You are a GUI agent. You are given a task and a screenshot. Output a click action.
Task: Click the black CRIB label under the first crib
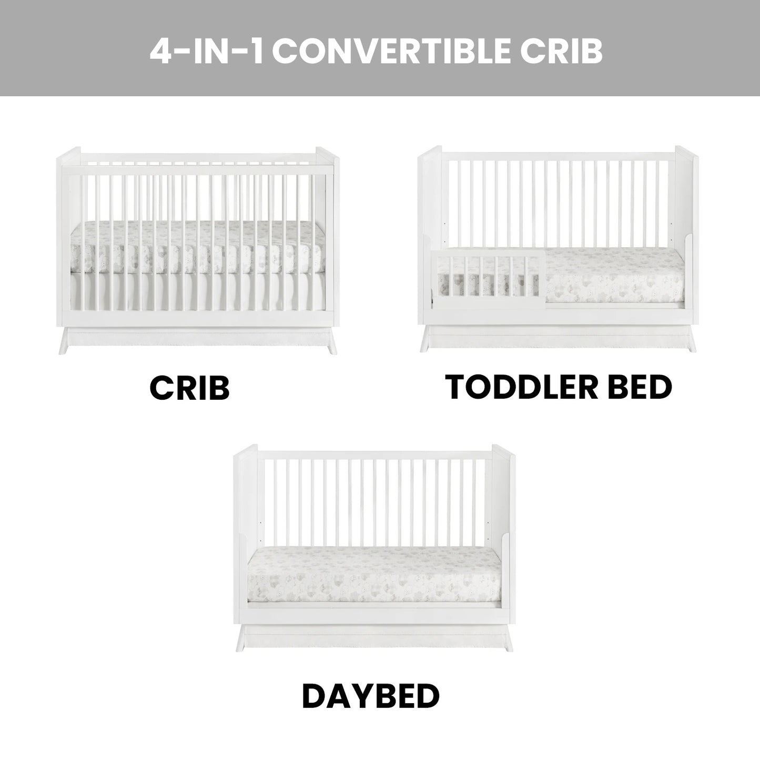coord(190,388)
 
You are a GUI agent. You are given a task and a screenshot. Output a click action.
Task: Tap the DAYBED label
coord(370,696)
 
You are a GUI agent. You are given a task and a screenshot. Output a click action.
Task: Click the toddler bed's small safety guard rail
coord(489,278)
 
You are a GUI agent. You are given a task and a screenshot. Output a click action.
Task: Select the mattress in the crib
coord(198,247)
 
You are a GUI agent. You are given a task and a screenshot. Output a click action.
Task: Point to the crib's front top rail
coord(198,170)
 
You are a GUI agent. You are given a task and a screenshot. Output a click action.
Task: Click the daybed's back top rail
coord(374,455)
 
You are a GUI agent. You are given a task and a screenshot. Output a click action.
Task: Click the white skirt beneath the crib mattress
coord(198,291)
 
